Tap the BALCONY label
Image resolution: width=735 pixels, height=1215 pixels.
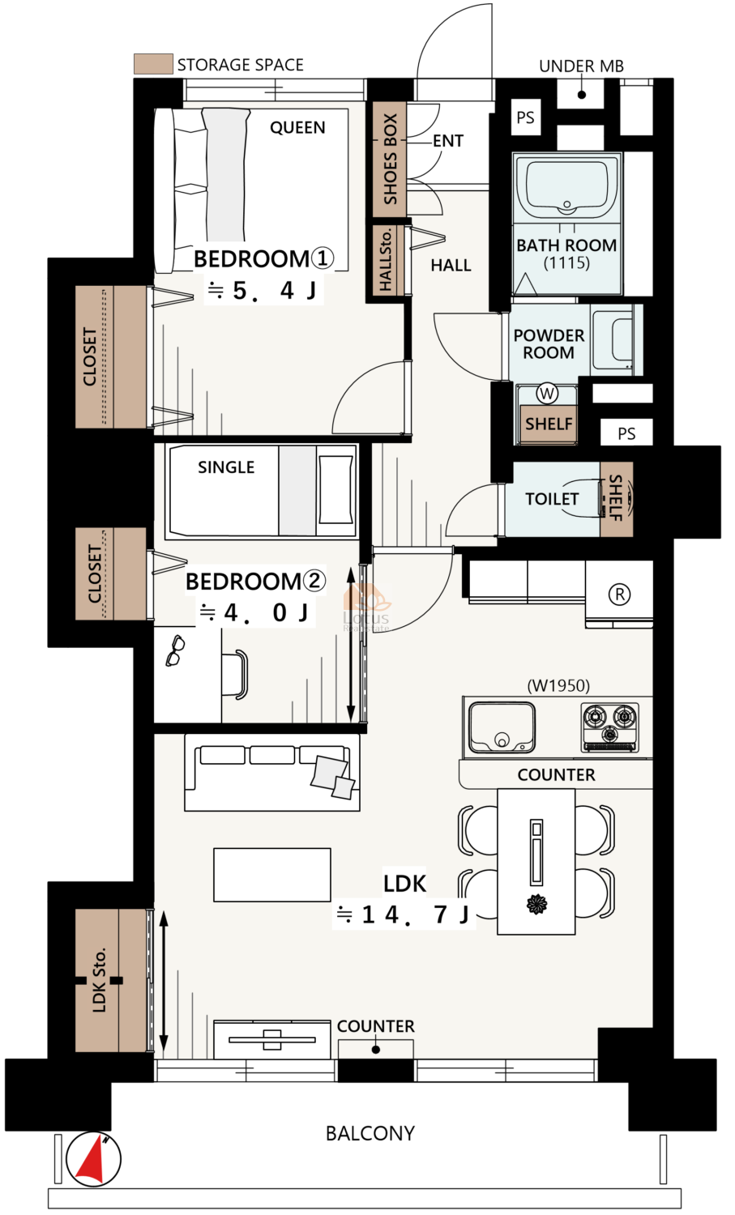[x=370, y=1133]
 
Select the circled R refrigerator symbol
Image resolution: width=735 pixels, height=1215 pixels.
[x=619, y=594]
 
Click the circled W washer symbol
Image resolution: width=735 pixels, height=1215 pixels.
[x=547, y=393]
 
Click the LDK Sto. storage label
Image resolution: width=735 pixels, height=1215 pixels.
[x=99, y=980]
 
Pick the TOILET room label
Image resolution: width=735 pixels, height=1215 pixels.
[x=552, y=499]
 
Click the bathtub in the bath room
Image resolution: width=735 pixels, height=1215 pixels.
[x=566, y=188]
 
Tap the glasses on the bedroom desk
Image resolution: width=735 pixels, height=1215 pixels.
[x=175, y=651]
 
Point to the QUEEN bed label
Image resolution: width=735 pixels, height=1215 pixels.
[x=297, y=127]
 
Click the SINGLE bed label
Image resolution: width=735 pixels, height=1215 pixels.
[x=226, y=467]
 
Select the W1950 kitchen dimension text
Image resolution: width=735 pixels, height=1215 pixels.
[x=558, y=685]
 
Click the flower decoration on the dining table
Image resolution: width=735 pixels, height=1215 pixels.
[x=536, y=904]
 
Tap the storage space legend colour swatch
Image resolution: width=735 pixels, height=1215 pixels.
[x=154, y=63]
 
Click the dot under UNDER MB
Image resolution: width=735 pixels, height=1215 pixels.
[x=582, y=95]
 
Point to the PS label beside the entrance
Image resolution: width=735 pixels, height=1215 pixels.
[x=525, y=117]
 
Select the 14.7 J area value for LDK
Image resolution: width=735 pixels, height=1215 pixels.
[x=415, y=914]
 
